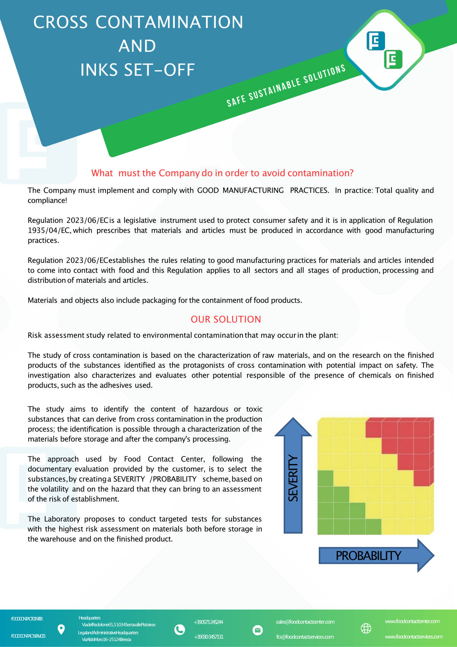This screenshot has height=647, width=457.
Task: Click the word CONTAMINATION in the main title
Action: point(169,22)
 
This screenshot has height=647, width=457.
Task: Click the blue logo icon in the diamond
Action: point(376,41)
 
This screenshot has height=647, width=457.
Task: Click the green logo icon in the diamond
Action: point(393,59)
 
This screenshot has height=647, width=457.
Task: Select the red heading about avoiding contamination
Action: point(222,173)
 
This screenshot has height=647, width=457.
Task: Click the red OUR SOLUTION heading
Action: point(226,319)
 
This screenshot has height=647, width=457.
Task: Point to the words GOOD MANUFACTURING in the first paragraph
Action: point(240,191)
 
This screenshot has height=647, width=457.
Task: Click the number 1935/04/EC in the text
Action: point(49,231)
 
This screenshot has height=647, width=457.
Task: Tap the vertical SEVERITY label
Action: point(293,478)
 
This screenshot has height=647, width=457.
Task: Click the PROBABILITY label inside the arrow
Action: point(368,556)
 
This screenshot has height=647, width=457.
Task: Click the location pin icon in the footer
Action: point(61,629)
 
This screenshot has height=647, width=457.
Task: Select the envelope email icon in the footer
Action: point(257,630)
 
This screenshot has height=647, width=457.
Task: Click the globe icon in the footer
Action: point(366,628)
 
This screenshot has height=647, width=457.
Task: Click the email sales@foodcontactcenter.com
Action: point(305,622)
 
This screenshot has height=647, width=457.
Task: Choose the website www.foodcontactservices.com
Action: point(413,637)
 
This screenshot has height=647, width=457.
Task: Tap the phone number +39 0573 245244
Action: point(208,622)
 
